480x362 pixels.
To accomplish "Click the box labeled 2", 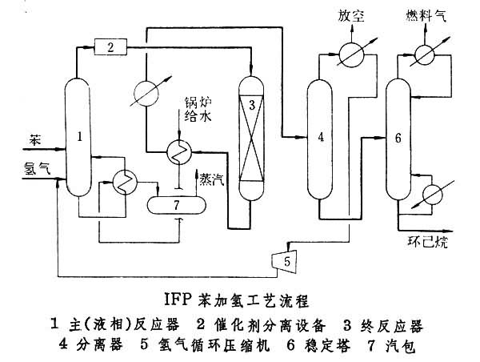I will [112, 47].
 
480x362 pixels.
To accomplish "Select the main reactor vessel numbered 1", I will [80, 136].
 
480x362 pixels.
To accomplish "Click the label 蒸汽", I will [213, 180].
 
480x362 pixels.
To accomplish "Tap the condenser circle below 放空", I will [350, 53].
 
